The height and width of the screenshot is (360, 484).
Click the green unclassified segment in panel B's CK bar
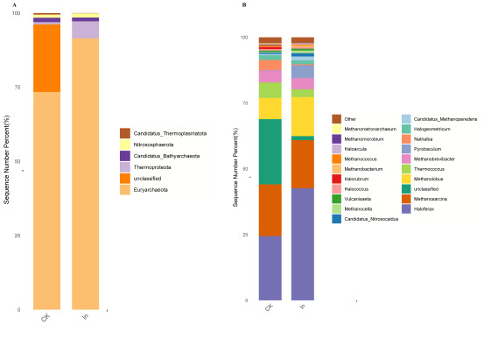coord(270,152)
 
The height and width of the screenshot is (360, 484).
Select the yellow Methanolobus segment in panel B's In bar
coord(303,116)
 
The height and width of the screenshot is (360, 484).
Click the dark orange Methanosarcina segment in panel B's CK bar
coord(270,210)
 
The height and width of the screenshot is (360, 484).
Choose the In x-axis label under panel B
coord(302,308)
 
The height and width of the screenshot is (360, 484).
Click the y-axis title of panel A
coord(6,175)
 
